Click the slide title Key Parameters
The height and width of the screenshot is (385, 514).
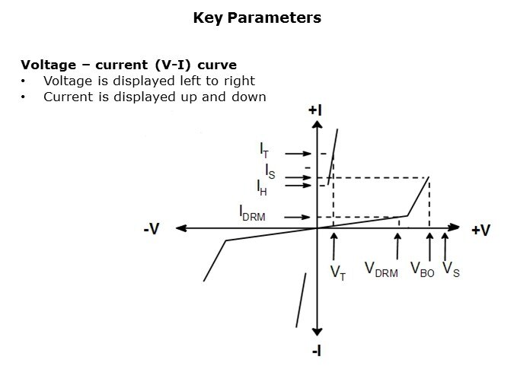coord(257,18)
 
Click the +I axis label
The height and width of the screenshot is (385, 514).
coord(315,110)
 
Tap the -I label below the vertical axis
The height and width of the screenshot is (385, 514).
coord(316,352)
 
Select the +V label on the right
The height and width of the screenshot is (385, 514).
coord(481,230)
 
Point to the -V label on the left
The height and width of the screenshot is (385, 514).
coord(152,229)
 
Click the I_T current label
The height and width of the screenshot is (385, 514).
coord(264,151)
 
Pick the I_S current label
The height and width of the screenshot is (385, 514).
coord(270,171)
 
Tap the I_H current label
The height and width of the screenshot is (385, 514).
coord(262,188)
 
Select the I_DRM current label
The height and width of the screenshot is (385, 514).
coord(252,213)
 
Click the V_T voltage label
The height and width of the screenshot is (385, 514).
coord(338,273)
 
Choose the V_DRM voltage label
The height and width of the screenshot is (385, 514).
coord(382,269)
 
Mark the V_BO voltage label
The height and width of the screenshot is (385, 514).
coord(423,269)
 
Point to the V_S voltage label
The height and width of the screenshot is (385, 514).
coord(451,269)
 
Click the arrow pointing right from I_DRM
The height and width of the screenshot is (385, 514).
coord(297,217)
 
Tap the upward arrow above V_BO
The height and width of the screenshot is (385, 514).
coord(429,247)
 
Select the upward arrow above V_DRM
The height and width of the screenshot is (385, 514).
coord(397,247)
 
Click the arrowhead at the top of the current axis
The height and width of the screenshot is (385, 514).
coord(317,125)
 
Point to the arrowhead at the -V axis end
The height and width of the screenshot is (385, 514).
coord(181,228)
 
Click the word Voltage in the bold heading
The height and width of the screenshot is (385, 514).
coord(49,65)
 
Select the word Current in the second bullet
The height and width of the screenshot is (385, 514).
coord(69,97)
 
